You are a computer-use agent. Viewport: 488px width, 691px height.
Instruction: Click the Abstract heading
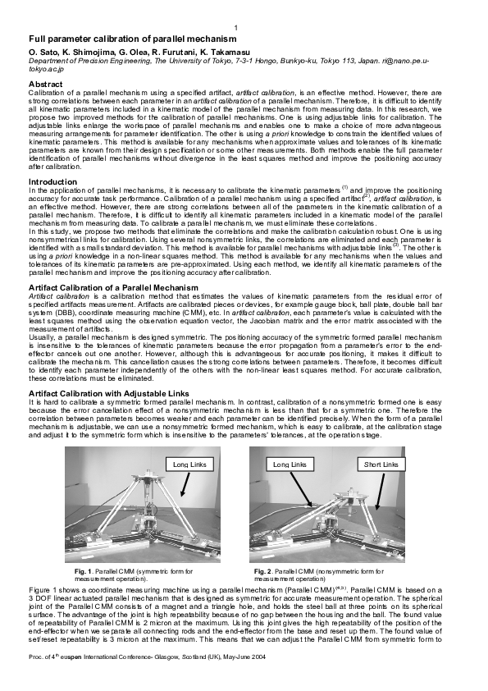click(x=45, y=84)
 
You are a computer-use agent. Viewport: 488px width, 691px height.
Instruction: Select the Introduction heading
click(x=53, y=181)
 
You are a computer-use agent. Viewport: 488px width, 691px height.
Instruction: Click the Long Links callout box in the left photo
click(x=190, y=464)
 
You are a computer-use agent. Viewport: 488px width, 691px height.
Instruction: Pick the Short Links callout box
click(x=381, y=464)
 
